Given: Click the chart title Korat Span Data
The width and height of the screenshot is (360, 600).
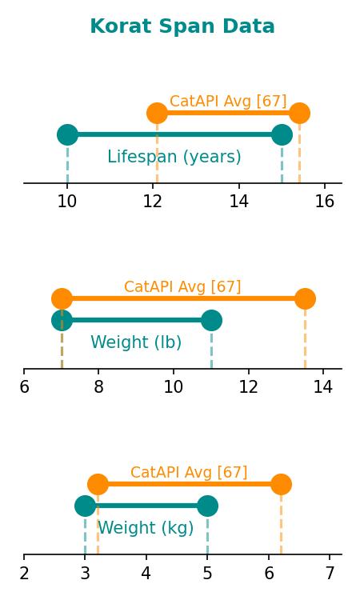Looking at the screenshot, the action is [x=182, y=26].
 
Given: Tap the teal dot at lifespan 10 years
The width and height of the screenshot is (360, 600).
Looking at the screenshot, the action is [x=67, y=134].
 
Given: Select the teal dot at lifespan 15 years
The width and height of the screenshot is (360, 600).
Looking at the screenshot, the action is [x=282, y=134].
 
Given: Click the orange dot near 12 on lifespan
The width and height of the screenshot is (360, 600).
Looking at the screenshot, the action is [x=158, y=114].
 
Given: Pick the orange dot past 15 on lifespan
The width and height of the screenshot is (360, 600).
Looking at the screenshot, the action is [x=299, y=114].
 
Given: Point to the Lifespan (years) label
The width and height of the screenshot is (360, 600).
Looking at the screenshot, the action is [x=174, y=157].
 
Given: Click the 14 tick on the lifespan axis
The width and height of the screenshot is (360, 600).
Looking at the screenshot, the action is [x=239, y=202].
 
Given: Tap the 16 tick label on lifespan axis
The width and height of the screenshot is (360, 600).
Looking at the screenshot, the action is [x=325, y=202].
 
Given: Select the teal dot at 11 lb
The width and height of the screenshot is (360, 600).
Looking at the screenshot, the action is [x=211, y=320].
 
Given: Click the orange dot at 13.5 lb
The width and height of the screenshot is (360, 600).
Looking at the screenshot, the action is [x=305, y=299].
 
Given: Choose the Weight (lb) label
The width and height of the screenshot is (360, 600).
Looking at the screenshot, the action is [x=136, y=342].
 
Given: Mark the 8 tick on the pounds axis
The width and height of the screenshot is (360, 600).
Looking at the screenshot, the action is [x=98, y=387].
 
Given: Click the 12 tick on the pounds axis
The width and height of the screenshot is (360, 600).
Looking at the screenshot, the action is [x=249, y=387].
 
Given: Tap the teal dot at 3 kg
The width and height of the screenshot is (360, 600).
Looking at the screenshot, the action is [x=85, y=506].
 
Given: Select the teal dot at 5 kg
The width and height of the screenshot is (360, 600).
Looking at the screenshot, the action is [x=207, y=506].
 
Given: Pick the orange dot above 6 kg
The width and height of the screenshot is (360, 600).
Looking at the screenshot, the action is [x=281, y=485].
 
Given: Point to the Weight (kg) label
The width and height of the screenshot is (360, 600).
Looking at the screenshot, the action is [x=146, y=528].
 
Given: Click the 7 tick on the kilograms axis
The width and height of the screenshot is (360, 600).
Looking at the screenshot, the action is [x=330, y=573].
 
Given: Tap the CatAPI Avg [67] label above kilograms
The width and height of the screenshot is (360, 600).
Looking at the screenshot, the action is [x=189, y=472].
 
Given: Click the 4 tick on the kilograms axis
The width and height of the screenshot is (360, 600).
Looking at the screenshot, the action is [x=146, y=573].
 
